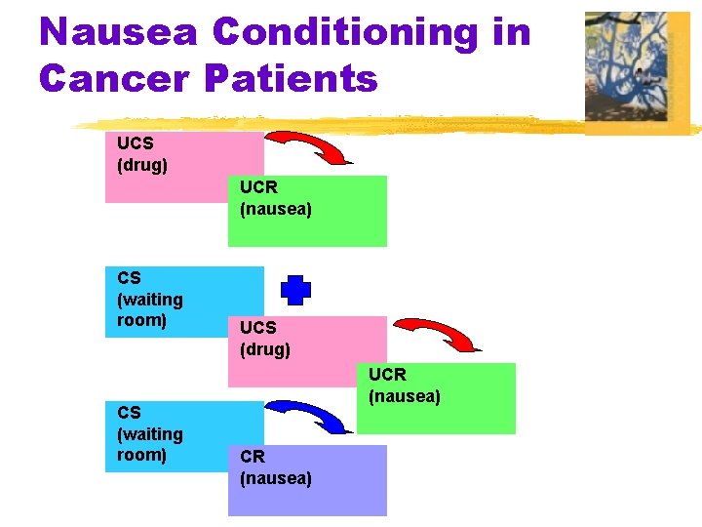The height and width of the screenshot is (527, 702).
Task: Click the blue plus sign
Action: [296, 290]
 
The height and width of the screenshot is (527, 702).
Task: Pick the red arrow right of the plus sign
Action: [440, 333]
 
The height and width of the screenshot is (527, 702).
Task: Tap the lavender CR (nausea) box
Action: [307, 480]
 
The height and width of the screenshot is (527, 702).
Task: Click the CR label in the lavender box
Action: [253, 456]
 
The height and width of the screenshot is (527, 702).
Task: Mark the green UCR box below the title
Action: [307, 211]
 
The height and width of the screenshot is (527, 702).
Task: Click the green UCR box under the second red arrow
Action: [436, 398]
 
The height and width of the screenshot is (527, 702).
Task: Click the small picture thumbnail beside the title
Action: [636, 73]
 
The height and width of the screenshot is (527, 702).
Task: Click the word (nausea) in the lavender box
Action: [276, 478]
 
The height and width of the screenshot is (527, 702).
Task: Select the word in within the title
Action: [512, 32]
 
